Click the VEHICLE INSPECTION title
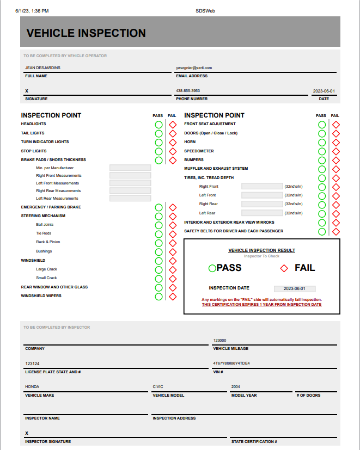pos(86,33)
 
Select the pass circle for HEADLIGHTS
pos(158,125)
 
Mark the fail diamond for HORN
pos(336,143)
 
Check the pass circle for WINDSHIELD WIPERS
pos(158,297)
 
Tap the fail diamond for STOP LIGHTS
pos(173,151)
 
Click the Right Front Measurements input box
pos(130,176)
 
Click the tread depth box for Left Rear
pos(262,213)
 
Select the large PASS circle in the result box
pos(212,268)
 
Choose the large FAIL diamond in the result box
pos(284,268)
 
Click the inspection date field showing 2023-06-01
pos(295,289)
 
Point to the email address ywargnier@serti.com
pos(194,68)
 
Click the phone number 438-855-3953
pos(188,91)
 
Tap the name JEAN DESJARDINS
pos(42,68)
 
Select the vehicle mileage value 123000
pos(219,341)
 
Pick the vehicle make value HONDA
pos(32,387)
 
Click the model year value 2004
pos(235,387)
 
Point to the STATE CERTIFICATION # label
pos(254,442)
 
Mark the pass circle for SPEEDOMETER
pos(322,151)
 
